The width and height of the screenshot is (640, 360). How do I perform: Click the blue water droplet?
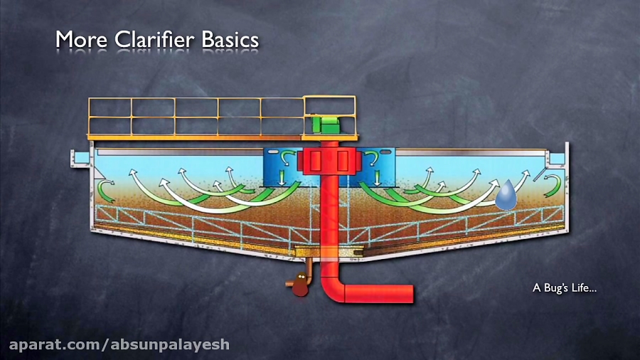[x=506, y=195]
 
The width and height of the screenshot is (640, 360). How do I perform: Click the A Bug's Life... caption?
[x=564, y=288]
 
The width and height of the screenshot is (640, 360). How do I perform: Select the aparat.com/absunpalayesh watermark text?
[x=119, y=345]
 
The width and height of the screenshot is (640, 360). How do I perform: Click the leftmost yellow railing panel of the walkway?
[x=110, y=117]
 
